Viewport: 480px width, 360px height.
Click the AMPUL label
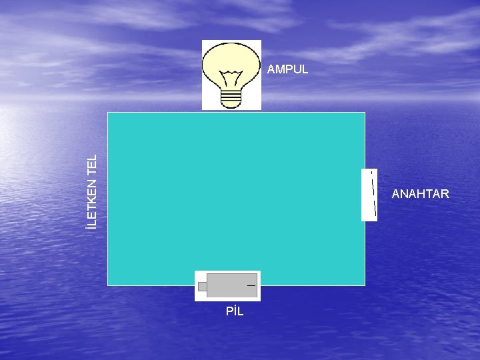click(287, 69)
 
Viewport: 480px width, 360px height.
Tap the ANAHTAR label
click(420, 194)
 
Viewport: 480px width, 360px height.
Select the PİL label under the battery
click(235, 311)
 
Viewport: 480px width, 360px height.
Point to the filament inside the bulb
click(231, 74)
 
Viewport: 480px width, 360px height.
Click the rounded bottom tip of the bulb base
click(231, 105)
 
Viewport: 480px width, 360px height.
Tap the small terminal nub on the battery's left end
click(202, 287)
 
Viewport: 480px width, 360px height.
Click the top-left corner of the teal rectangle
click(108, 113)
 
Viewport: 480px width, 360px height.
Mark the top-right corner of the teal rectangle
click(365, 113)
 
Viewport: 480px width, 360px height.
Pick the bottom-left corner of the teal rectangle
click(108, 285)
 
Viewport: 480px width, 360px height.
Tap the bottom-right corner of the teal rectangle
click(365, 285)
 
